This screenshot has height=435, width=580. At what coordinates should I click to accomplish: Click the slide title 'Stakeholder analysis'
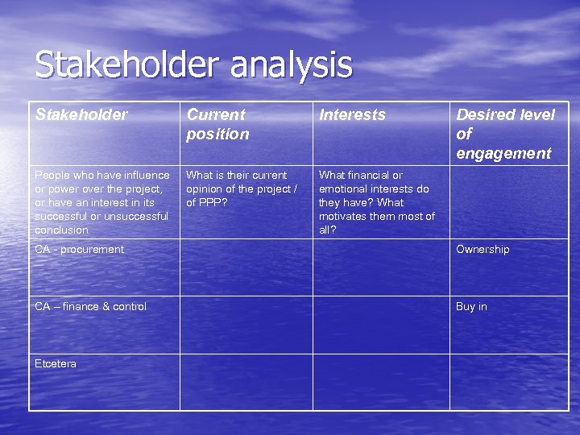[x=193, y=65]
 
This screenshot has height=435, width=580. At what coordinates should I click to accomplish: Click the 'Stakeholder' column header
[x=81, y=115]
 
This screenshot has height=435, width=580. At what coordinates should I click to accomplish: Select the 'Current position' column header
[x=217, y=124]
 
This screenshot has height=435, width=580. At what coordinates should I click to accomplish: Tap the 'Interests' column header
[x=352, y=115]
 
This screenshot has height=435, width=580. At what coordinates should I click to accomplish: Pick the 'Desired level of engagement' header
[x=505, y=134]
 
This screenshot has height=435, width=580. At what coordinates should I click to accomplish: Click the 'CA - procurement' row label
[x=80, y=250]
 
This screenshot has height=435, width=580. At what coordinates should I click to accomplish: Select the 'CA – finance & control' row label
[x=91, y=307]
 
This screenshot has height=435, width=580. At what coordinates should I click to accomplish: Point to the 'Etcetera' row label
[x=56, y=364]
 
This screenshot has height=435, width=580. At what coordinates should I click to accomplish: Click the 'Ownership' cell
[x=483, y=250]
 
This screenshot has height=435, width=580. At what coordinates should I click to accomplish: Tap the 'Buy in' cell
[x=471, y=307]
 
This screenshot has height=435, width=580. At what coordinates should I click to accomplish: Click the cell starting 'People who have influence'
[x=102, y=202]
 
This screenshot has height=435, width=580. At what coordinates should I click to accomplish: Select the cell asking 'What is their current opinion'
[x=242, y=188]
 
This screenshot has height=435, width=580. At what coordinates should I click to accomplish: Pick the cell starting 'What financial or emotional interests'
[x=376, y=202]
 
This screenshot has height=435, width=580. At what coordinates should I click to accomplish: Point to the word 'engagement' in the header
[x=503, y=154]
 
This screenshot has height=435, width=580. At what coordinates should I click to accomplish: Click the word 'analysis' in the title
[x=291, y=65]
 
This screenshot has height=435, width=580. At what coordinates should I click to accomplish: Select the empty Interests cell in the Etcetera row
[x=381, y=382]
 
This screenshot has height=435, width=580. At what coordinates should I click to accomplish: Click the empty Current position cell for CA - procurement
[x=246, y=267]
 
